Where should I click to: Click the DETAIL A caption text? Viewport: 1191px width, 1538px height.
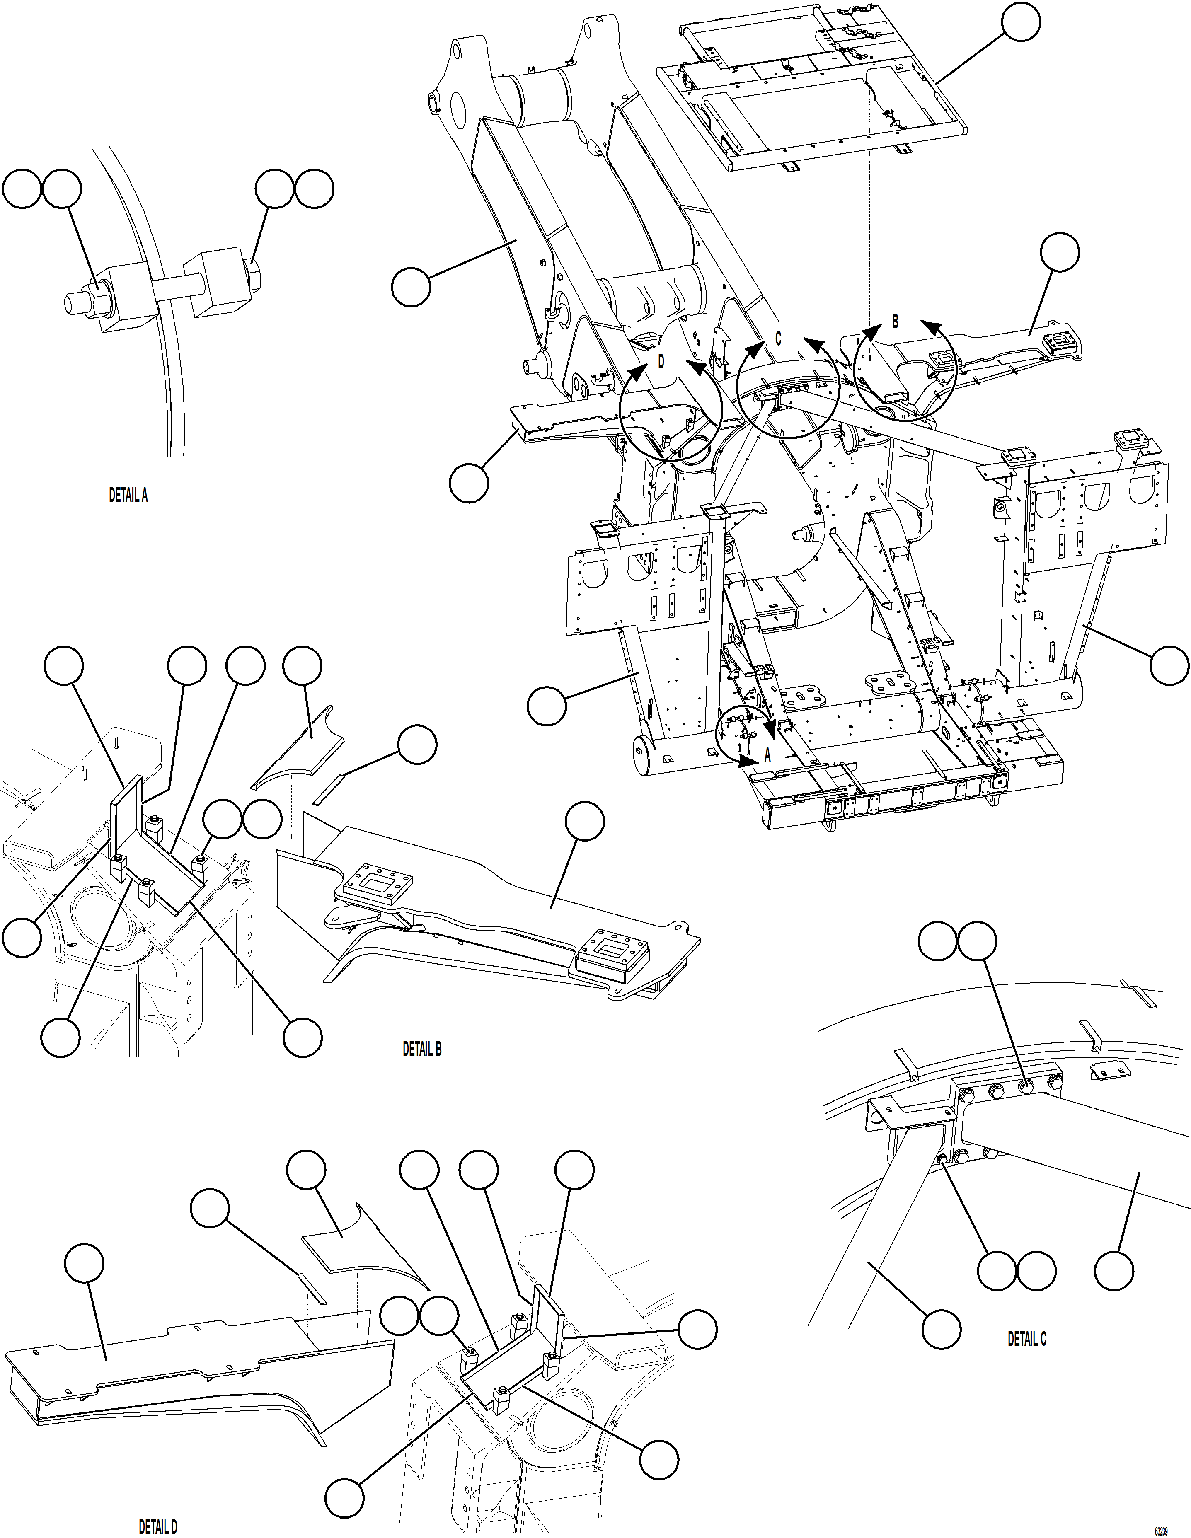[128, 496]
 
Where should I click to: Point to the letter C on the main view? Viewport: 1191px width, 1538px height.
[778, 339]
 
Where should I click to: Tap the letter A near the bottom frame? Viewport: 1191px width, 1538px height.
[768, 755]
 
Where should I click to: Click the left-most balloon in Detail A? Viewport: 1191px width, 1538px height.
[22, 189]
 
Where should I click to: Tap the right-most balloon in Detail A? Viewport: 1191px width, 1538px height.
[314, 189]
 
